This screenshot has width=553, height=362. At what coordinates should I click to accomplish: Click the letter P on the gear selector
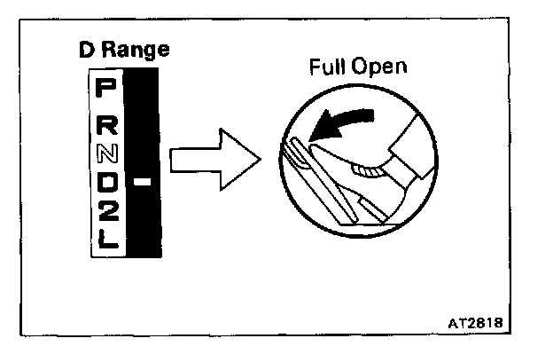click(x=105, y=88)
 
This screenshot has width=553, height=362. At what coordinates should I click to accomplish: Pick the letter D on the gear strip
click(x=106, y=183)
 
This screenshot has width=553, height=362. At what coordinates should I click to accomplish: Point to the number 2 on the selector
click(x=106, y=211)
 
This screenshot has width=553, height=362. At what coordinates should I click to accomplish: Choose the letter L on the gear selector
click(x=106, y=239)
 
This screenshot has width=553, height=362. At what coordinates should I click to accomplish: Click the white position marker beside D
click(x=143, y=182)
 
